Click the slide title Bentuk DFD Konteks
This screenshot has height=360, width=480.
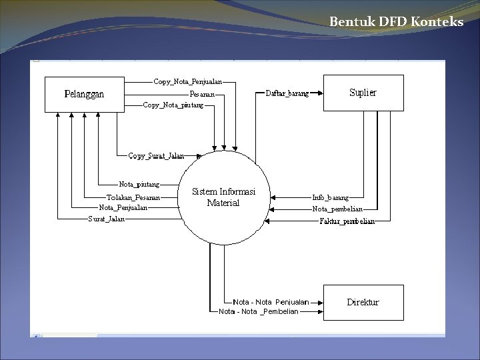point(396,22)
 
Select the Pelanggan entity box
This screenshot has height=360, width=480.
point(84,94)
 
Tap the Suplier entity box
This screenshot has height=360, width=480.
point(363,93)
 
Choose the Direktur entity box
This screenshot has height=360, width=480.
point(363,302)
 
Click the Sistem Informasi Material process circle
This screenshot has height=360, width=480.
point(223,197)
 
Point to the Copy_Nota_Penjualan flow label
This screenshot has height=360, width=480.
point(187,82)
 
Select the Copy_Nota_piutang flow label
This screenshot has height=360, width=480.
point(173,105)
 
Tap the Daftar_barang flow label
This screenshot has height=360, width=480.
point(287,94)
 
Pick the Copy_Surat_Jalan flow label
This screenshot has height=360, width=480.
point(156,156)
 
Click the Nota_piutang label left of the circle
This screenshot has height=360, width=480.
point(139,184)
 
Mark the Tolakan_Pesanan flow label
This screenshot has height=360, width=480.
point(133,197)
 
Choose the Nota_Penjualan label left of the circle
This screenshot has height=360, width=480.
point(123,207)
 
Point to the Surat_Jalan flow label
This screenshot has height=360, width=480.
point(106,219)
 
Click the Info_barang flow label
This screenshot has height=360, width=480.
point(330,197)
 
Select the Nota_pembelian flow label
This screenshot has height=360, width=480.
point(337,209)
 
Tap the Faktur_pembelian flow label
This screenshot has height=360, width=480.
point(347,221)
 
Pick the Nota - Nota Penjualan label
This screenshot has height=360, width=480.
point(271,302)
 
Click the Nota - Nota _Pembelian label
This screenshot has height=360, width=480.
point(259,311)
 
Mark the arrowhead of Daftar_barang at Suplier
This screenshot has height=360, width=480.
point(321,94)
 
